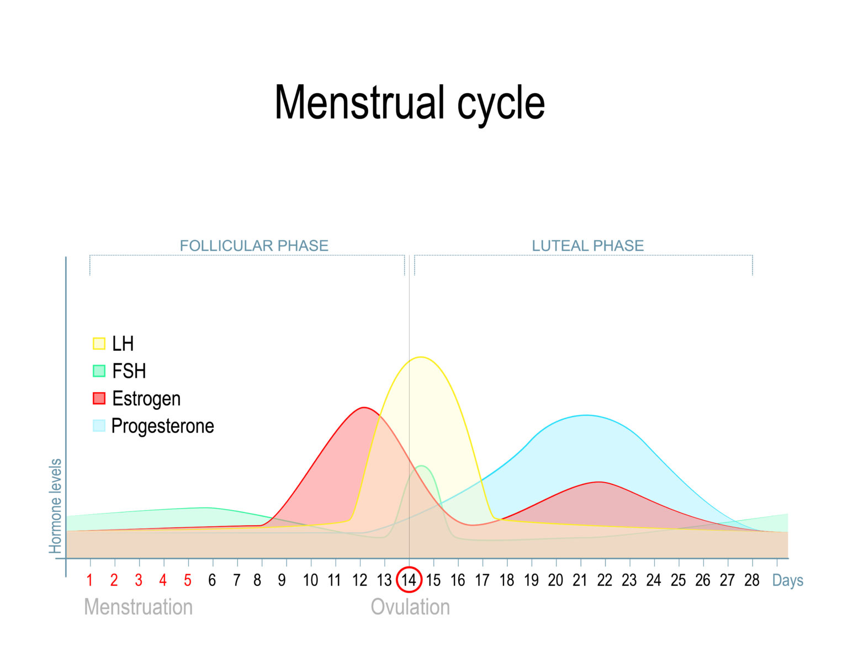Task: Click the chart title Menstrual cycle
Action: click(x=410, y=103)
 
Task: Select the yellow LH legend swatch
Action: click(x=99, y=344)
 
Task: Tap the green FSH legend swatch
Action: click(x=99, y=371)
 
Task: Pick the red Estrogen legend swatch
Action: click(x=99, y=398)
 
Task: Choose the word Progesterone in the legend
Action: click(x=163, y=426)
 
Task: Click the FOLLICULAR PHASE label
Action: click(x=254, y=246)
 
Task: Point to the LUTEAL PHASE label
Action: click(x=588, y=246)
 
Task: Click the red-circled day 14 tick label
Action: click(x=409, y=580)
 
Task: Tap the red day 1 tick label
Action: click(x=90, y=580)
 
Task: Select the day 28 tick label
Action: click(x=752, y=580)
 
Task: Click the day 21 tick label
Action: click(x=580, y=580)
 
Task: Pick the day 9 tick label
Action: click(x=282, y=580)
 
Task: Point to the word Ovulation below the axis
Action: click(x=410, y=607)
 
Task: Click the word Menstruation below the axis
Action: click(x=139, y=607)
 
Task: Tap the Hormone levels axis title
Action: click(x=55, y=506)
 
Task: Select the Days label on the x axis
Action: click(x=788, y=580)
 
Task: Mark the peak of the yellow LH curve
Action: click(x=421, y=357)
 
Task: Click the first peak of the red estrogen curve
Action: click(x=364, y=407)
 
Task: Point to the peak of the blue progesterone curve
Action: click(x=587, y=415)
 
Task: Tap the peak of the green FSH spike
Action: click(x=421, y=466)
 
